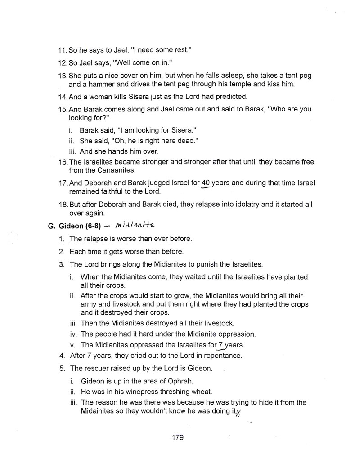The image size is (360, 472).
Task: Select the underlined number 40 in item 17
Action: click(x=206, y=183)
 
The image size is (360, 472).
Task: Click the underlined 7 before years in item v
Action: click(x=220, y=345)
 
